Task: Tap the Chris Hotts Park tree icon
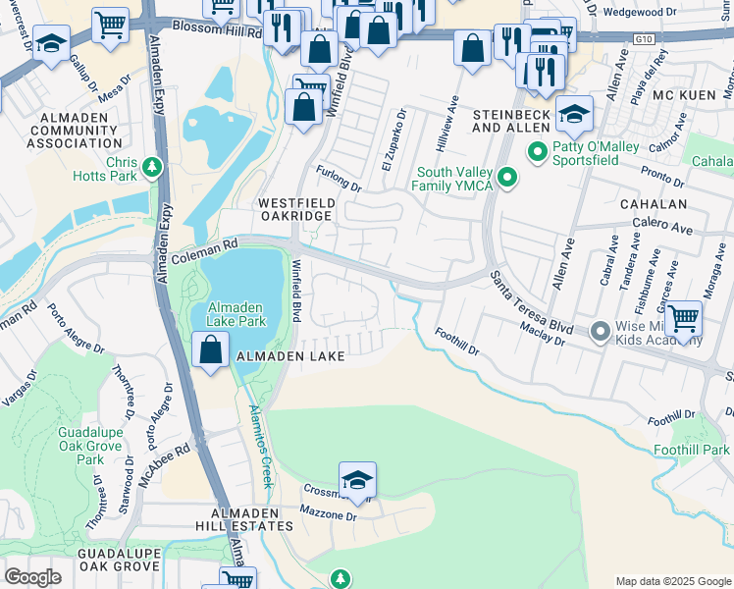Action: click(151, 167)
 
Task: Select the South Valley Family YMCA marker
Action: click(506, 178)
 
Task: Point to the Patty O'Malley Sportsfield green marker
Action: click(537, 152)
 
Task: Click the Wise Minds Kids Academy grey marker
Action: click(601, 333)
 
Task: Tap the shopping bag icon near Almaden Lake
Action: click(211, 348)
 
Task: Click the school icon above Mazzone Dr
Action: click(358, 480)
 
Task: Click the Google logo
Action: click(33, 576)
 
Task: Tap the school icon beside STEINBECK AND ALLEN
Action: click(574, 116)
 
